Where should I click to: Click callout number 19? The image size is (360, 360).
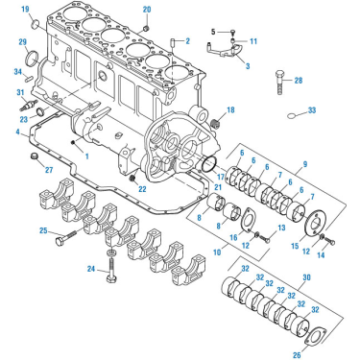25,10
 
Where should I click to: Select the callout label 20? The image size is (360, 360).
147,10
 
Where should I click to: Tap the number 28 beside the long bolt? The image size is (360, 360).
299,81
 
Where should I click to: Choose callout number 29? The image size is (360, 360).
22,42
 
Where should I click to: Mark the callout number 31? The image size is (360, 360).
20,93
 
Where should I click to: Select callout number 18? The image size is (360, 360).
229,111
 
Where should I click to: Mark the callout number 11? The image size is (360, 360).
253,42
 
